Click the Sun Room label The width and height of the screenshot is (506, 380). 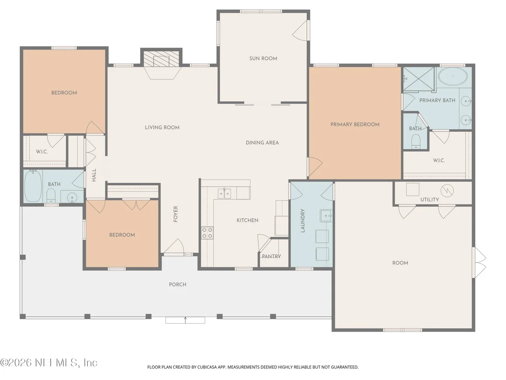(x=263, y=59)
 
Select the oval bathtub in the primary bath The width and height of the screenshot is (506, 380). (x=453, y=76)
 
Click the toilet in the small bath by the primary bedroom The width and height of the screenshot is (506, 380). (x=416, y=142)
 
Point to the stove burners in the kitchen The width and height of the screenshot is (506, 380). (x=207, y=233)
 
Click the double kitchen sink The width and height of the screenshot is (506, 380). (x=225, y=193)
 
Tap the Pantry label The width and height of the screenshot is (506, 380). (x=271, y=256)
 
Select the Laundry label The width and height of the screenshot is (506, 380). (x=303, y=221)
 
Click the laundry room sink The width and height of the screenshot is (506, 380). (x=326, y=215)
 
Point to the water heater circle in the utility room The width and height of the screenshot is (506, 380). (x=447, y=191)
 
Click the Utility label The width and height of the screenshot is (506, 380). (x=430, y=200)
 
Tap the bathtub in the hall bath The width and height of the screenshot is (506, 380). (x=33, y=187)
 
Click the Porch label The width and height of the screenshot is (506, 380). (x=178, y=285)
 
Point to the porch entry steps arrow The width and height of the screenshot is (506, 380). (x=185, y=320)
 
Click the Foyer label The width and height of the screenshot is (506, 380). (x=175, y=214)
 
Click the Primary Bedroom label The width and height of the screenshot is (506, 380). (x=355, y=124)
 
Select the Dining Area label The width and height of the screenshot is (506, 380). (x=262, y=143)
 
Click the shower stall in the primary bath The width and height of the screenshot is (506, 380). (x=419, y=78)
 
